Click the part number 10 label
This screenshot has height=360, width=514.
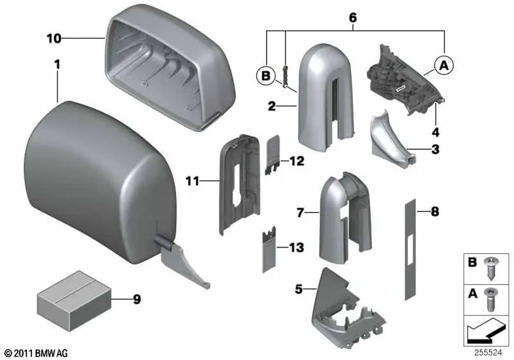[53, 39]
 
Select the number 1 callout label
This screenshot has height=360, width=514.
[57, 65]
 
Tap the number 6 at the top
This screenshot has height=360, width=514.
[352, 19]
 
